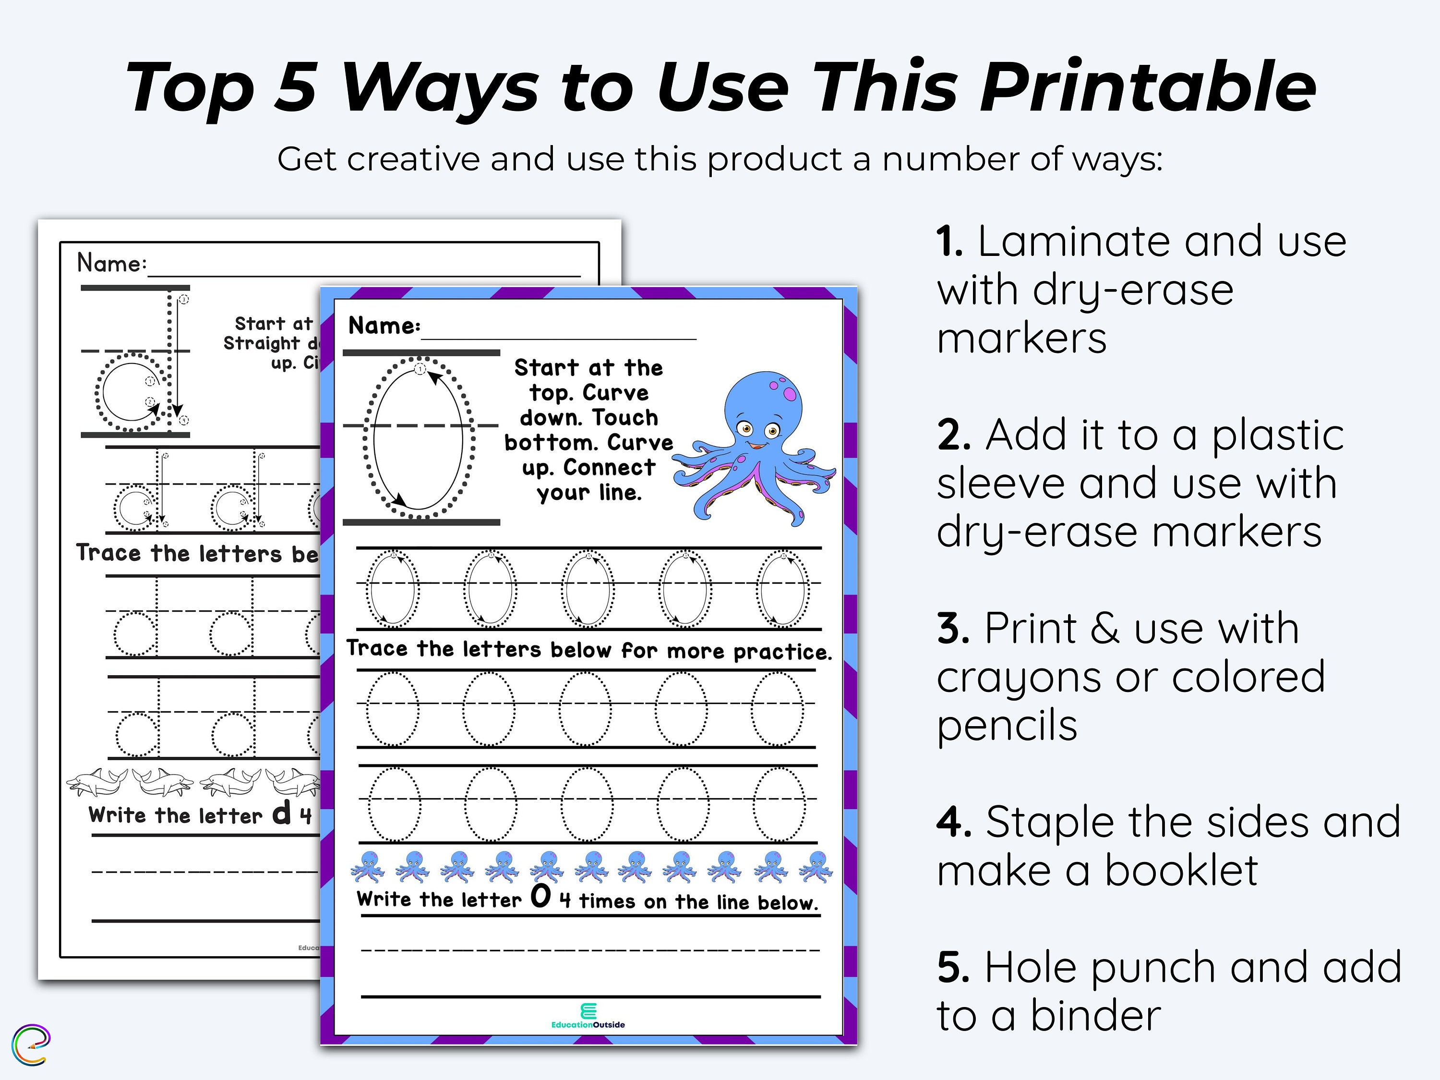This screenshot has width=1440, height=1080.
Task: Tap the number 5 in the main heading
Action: coord(295,88)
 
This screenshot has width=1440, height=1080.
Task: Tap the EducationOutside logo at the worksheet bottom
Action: coord(588,1017)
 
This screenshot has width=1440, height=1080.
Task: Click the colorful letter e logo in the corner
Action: coord(31,1045)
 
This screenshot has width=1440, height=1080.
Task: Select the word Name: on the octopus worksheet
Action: coord(384,326)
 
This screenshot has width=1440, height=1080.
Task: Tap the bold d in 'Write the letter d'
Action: coord(281,813)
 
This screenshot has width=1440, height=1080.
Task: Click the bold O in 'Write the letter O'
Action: coord(540,897)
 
